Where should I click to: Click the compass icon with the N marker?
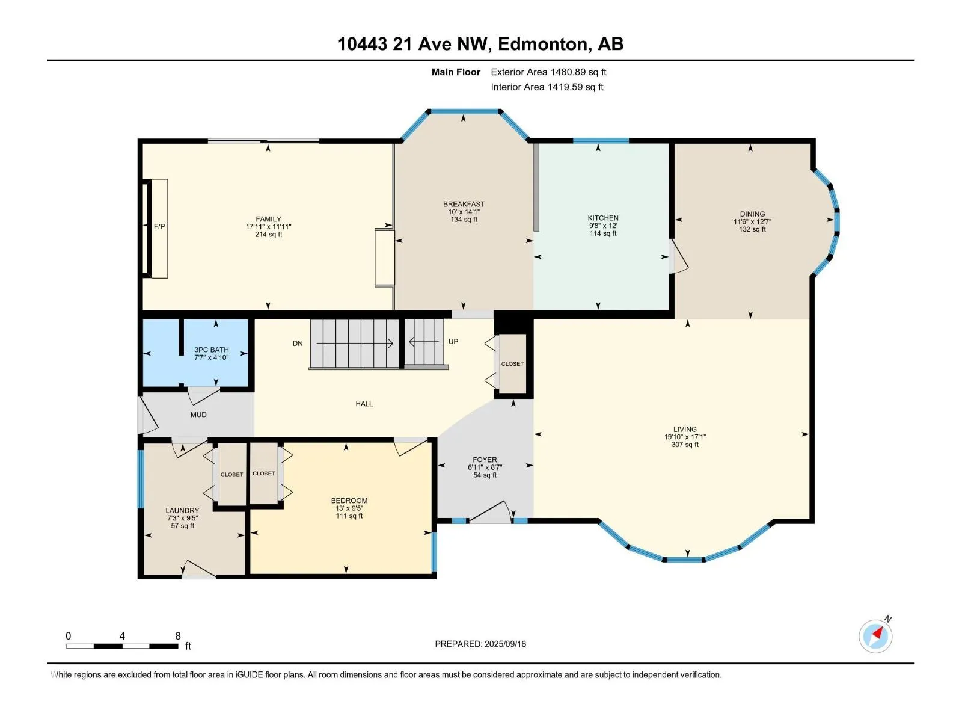tap(875, 636)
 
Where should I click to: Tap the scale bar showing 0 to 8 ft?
tap(122, 646)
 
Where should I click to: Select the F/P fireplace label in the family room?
tap(159, 227)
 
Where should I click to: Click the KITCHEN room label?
tap(603, 218)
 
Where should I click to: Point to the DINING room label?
tap(753, 214)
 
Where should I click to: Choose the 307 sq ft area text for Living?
tap(685, 445)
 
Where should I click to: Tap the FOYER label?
tap(485, 460)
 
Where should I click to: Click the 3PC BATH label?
tap(212, 350)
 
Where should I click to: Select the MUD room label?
tap(198, 415)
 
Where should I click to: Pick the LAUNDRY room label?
tap(182, 511)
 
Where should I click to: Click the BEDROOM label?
tap(349, 501)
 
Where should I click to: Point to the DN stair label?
tap(298, 344)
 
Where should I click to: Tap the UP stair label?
tap(453, 342)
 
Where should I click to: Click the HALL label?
tap(364, 404)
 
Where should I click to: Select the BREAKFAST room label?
tap(464, 204)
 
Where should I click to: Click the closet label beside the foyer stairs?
tap(512, 364)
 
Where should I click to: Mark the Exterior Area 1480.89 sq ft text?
tap(549, 72)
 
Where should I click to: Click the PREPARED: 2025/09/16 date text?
tap(480, 644)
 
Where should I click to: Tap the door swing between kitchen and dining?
tap(678, 257)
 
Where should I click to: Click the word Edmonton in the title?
tap(542, 45)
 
